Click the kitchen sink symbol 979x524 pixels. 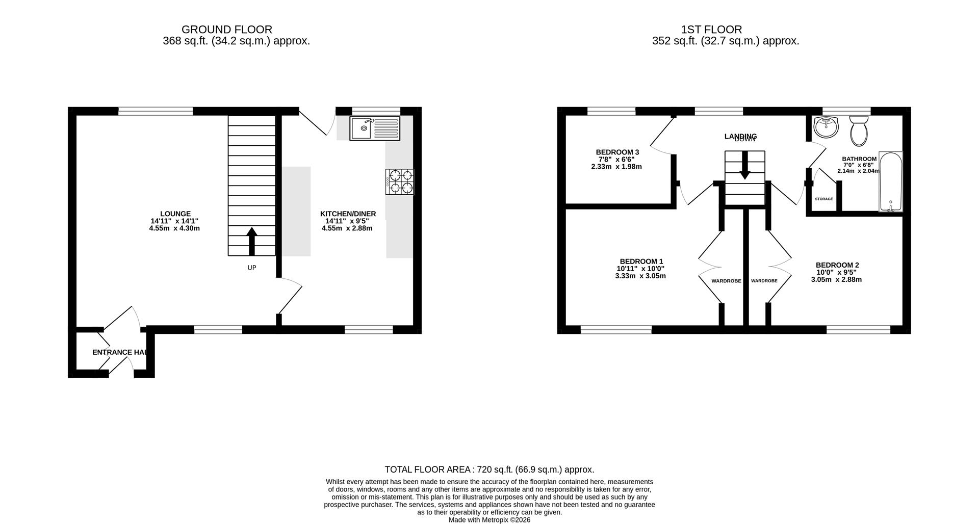point(375,128)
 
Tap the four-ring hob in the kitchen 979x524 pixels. point(400,182)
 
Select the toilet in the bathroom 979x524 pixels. point(859,131)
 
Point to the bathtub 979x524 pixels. point(891,181)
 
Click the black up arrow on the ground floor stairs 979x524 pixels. point(252,241)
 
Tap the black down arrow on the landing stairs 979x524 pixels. point(745,169)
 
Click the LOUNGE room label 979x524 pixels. point(175,214)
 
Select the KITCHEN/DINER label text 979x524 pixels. point(348,214)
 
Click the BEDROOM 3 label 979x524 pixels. point(617,152)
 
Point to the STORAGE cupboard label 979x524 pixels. point(823,199)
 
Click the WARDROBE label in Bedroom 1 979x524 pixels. point(726,281)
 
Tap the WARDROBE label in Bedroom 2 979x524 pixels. point(764,281)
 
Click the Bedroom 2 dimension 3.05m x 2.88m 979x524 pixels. point(836,279)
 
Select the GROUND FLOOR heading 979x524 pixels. point(226,30)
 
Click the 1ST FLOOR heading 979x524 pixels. point(711,30)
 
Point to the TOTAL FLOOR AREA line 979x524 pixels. point(489,469)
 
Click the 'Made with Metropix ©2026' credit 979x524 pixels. point(489,520)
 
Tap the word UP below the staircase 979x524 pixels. point(252,268)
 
